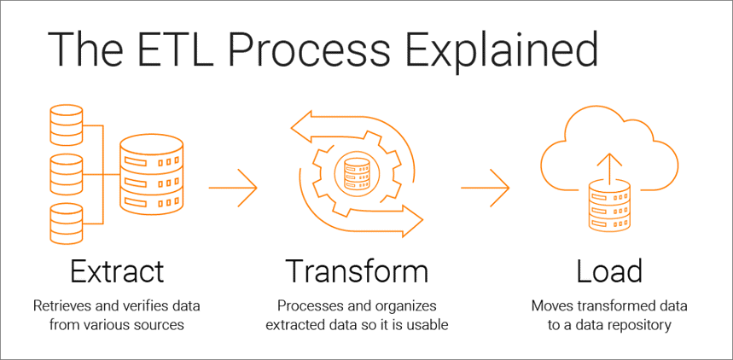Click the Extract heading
click(x=117, y=271)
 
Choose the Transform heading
click(x=356, y=271)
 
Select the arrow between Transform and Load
click(x=484, y=183)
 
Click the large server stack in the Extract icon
click(x=151, y=174)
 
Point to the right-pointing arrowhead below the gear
click(x=412, y=223)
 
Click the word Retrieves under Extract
click(x=62, y=305)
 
